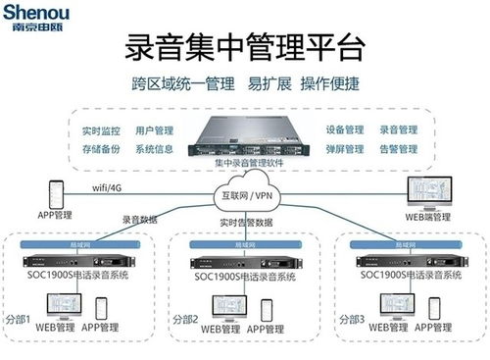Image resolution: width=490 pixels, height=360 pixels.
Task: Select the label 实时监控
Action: [x=101, y=129]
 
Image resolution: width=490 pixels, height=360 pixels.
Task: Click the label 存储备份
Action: [x=101, y=149]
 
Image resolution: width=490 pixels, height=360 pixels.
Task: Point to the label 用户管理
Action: [x=154, y=129]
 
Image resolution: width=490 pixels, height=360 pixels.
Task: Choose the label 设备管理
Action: [x=344, y=129]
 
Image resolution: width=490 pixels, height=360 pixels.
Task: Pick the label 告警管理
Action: [x=397, y=149]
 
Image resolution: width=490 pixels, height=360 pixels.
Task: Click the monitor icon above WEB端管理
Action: [x=427, y=192]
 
